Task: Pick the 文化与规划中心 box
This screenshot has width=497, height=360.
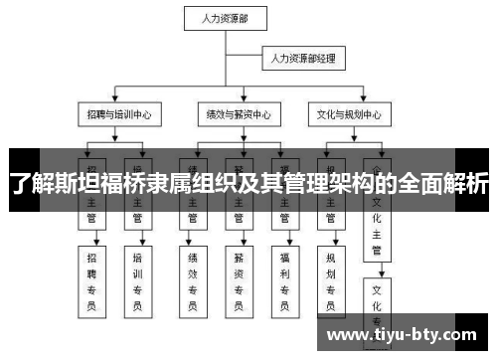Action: click(x=347, y=113)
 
